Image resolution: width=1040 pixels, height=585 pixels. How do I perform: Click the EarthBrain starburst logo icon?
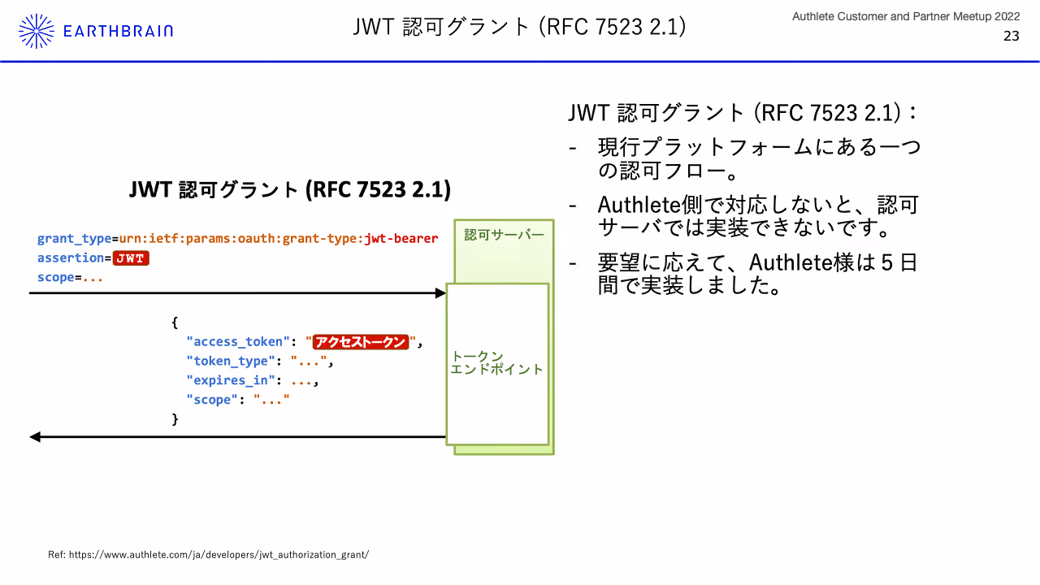37,31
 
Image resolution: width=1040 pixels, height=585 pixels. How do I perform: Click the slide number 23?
1012,36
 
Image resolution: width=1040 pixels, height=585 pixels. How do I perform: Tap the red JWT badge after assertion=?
131,258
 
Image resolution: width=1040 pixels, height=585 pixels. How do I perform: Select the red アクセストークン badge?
361,342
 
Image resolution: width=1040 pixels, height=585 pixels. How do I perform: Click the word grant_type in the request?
74,239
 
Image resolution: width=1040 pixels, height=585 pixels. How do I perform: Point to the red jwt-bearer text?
401,238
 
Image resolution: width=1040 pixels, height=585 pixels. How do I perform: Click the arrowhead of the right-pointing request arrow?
440,293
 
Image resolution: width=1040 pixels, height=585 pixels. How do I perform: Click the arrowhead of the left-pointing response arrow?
35,437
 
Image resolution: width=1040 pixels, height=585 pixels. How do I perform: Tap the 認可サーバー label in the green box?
505,235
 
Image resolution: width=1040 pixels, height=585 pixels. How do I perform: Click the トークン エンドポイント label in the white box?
496,362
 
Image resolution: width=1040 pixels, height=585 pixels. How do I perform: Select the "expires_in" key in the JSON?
231,380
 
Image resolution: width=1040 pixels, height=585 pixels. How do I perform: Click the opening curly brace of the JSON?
175,323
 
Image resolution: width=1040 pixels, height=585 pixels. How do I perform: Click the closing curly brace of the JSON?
175,418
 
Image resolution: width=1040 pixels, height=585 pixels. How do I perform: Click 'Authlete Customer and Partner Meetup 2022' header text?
906,17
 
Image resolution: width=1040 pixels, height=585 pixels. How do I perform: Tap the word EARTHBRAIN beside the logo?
118,31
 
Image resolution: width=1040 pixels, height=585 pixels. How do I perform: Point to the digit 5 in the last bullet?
886,262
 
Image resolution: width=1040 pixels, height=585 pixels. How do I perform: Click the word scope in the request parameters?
56,277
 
